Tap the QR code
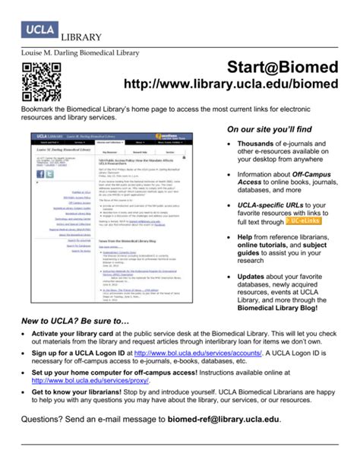[x=41, y=81]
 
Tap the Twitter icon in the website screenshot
[x=51, y=174]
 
